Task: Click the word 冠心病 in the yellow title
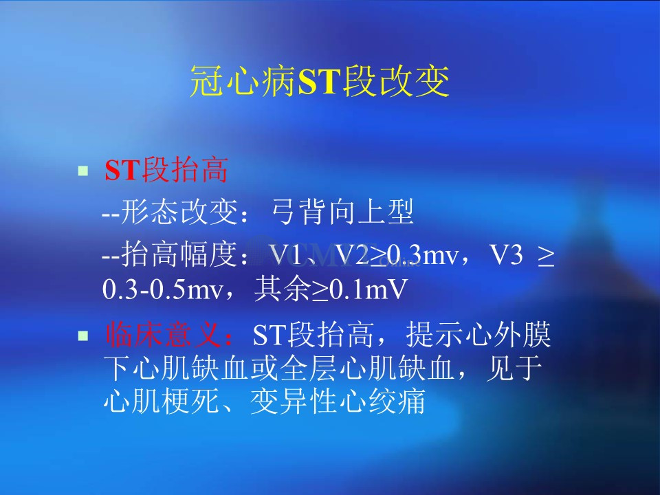pos(243,81)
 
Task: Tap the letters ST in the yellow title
pos(318,82)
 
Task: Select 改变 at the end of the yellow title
pos(414,81)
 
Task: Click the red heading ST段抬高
pos(166,170)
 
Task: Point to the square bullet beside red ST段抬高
pos(83,170)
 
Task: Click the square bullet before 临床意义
pos(83,335)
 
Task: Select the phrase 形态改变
pos(179,212)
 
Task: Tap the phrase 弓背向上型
pos(342,212)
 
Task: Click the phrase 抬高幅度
pos(179,254)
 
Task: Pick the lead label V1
pos(286,255)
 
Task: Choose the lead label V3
pos(507,255)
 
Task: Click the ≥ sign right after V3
pos(545,256)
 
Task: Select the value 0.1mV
pos(368,289)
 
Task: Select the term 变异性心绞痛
pos(338,401)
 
